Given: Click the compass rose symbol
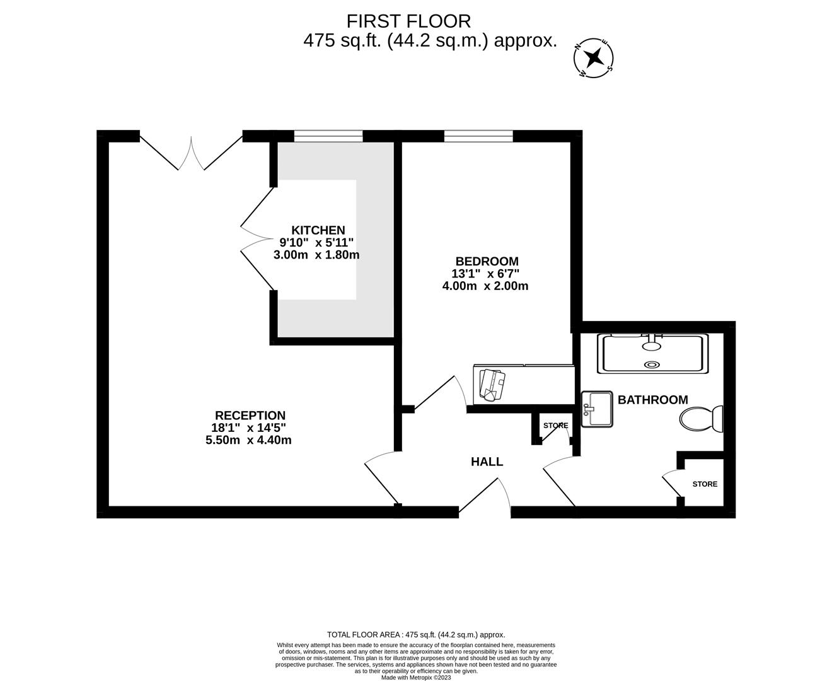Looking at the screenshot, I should click(593, 58).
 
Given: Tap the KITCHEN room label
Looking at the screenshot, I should click(318, 230).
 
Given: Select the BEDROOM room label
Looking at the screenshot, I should click(487, 261).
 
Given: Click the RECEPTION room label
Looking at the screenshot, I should click(250, 416).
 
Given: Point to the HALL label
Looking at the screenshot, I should click(487, 462).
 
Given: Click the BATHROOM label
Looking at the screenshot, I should click(652, 400).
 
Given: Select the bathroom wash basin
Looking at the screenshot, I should click(596, 409).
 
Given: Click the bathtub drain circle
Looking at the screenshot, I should click(652, 364).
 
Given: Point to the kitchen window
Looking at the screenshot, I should click(328, 136).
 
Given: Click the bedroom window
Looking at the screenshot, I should click(478, 136).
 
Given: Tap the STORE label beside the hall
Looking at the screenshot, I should click(555, 426).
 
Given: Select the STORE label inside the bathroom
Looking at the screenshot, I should click(705, 484).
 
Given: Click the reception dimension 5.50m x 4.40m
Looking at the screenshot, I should click(249, 440).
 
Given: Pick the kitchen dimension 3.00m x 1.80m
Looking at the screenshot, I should click(316, 255).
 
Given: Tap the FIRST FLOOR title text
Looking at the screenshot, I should click(408, 21).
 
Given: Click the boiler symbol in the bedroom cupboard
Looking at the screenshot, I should click(492, 385).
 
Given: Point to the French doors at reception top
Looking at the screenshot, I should click(191, 151).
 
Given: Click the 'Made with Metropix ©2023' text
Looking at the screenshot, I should click(416, 677).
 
